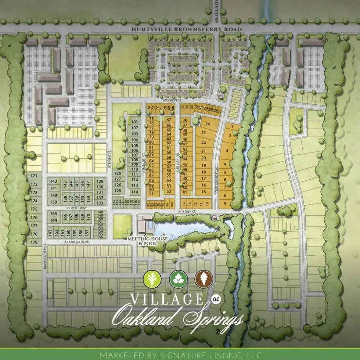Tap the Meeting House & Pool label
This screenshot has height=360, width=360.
tap(147, 241)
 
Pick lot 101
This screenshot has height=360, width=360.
tap(135, 122)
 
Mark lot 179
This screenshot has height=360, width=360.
tap(34, 242)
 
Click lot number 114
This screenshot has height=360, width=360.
tap(135, 192)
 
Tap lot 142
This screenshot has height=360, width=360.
tap(54, 181)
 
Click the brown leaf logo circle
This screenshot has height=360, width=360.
tap(204, 279)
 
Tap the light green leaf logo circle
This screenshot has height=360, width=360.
tap(152, 279)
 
